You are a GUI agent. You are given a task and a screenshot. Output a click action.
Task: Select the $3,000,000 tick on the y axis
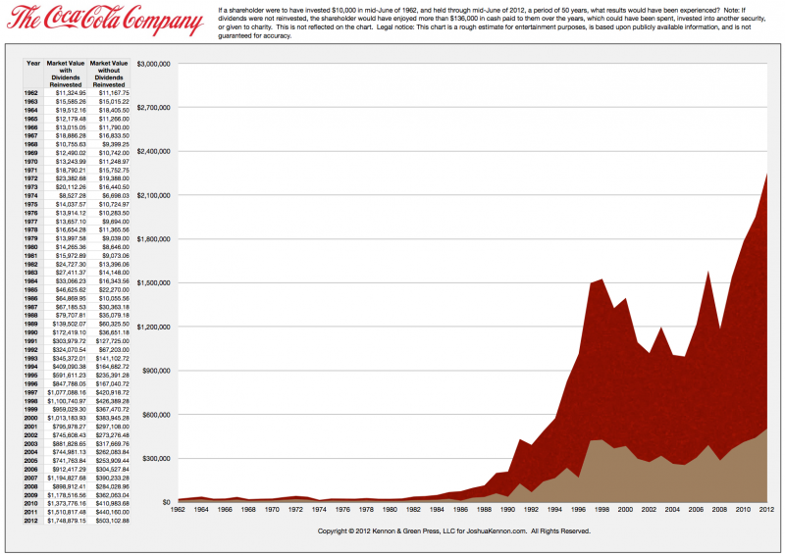tap(153, 63)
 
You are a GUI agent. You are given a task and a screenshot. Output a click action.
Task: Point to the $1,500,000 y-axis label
tap(153, 282)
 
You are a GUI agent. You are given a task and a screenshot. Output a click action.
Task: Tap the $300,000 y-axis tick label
tap(156, 458)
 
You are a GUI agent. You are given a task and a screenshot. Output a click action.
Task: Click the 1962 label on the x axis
tap(178, 510)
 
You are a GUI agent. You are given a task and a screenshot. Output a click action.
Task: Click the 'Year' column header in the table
tap(33, 63)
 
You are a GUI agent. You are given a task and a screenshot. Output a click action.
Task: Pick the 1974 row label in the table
tap(33, 196)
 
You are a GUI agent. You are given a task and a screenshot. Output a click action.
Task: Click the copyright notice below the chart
tap(454, 530)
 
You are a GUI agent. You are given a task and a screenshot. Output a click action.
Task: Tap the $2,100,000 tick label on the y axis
tap(153, 195)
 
